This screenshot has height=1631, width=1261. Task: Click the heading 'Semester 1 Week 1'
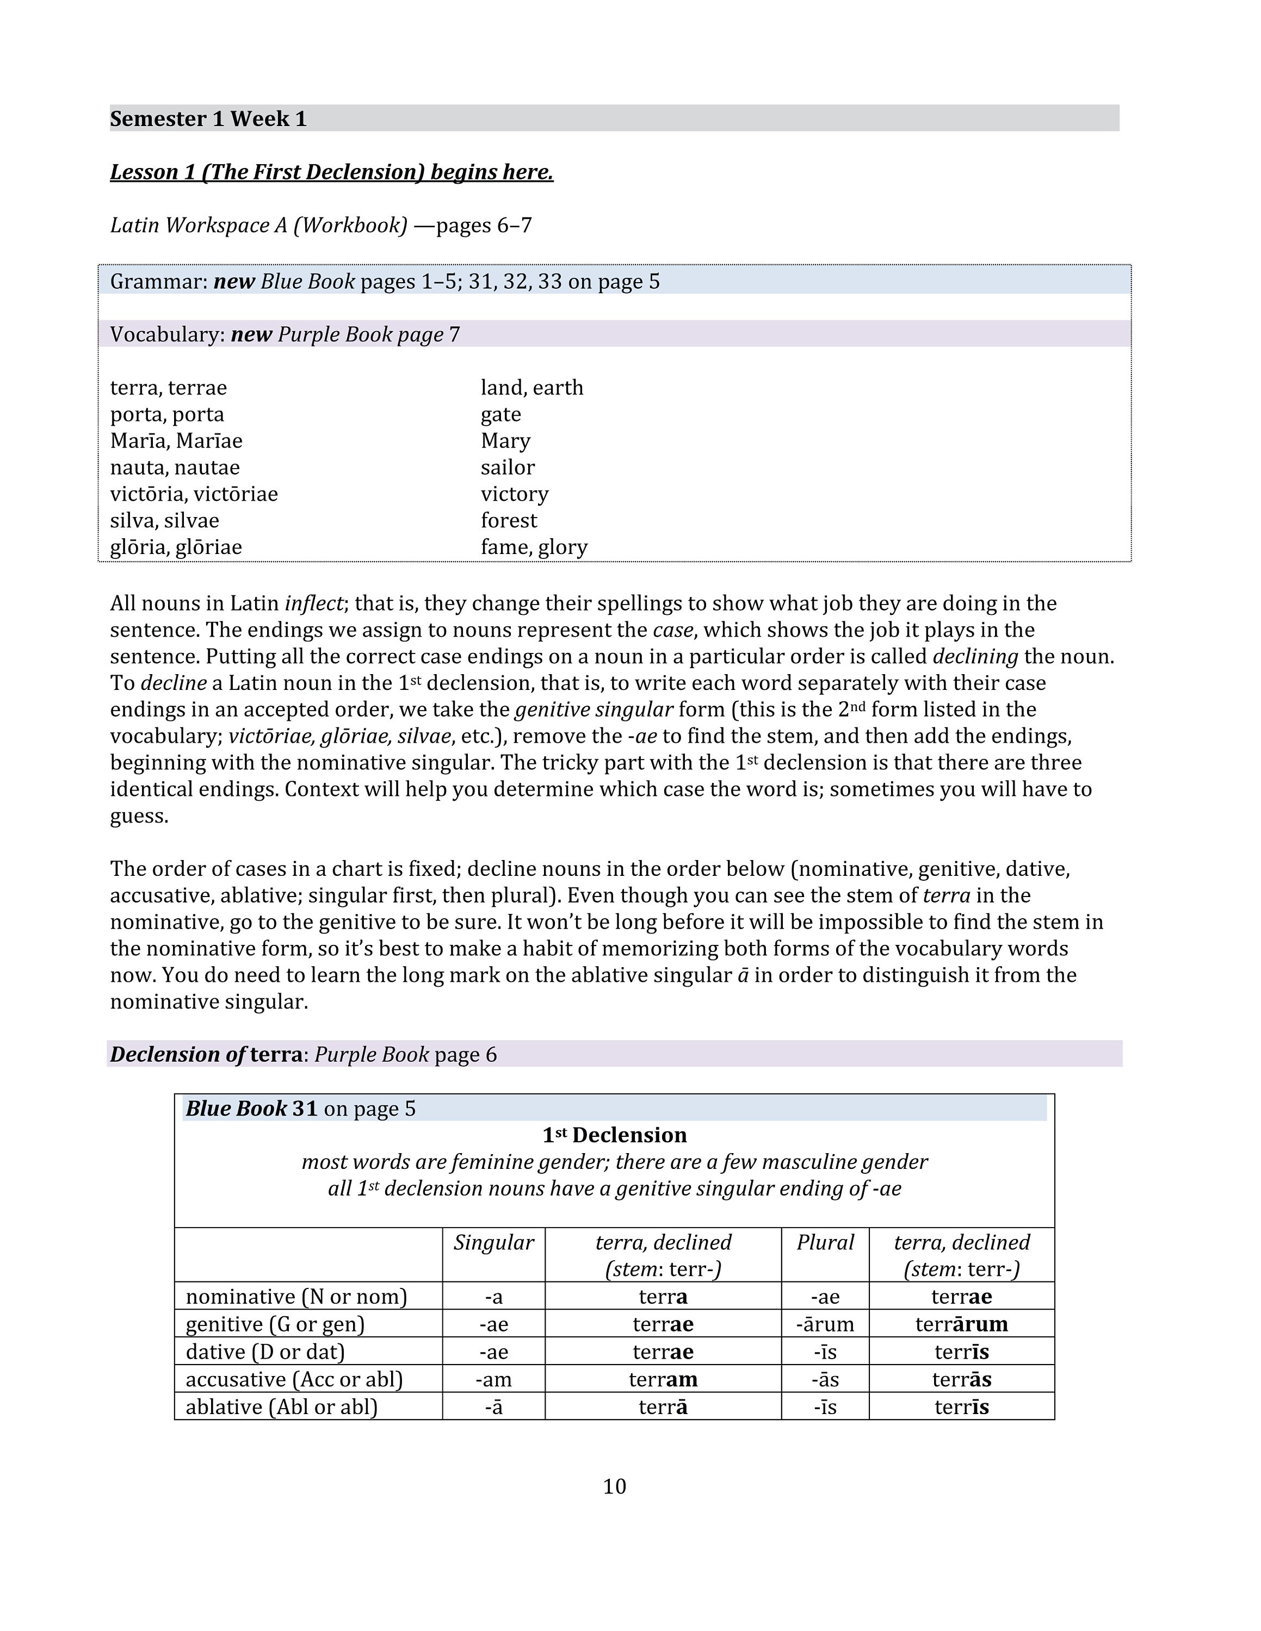point(208,119)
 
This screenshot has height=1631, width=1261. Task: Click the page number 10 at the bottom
point(614,1486)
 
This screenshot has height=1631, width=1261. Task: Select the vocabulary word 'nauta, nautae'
point(175,468)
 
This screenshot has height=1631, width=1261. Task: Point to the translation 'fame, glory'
point(534,547)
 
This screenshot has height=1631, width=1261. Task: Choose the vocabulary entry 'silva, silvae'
point(164,520)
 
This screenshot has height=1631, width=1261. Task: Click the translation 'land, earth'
point(532,388)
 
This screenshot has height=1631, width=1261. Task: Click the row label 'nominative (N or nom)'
point(296,1297)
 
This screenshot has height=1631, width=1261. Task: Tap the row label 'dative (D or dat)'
point(265,1352)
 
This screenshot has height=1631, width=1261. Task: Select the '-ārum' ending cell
point(825,1324)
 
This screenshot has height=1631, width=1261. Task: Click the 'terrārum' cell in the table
point(961,1324)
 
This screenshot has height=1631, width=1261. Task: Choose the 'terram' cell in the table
point(663,1379)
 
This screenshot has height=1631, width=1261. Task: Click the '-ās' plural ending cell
point(825,1379)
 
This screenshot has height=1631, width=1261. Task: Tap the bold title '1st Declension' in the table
point(614,1135)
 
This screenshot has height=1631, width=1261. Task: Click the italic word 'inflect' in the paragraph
point(314,603)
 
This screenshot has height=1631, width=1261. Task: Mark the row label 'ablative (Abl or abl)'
point(282,1407)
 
